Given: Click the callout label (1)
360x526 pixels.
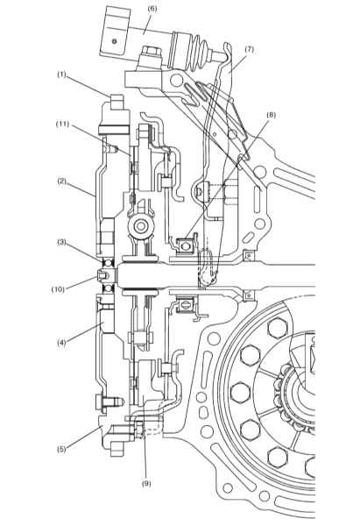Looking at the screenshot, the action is coord(61,75).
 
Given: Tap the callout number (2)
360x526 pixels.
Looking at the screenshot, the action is coord(61,181).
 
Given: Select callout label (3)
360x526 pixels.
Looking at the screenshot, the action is coord(61,242).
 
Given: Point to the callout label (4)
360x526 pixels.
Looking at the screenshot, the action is coord(61,343).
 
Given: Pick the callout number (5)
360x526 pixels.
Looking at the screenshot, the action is coord(61,450).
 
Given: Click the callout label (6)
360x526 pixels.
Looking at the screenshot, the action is coord(152,9).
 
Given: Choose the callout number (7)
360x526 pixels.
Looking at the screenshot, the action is coord(249,49).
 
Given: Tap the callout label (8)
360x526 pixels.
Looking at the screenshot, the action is coord(271,115).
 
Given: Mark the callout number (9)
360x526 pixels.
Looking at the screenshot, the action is coord(146,483).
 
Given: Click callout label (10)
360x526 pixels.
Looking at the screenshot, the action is coord(58,289).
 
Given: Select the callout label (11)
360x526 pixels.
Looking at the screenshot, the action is coord(62,124).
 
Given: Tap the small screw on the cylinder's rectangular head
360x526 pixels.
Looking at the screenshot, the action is coord(115,41).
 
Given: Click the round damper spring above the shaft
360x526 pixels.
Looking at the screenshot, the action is coord(141,227).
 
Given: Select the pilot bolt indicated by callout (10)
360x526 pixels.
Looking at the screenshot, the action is coord(105,276).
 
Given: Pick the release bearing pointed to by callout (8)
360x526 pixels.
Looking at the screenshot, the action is coord(184,246).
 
